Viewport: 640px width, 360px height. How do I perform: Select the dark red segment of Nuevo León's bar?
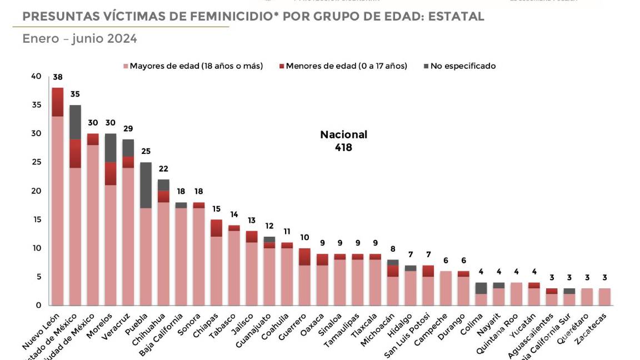[58, 102]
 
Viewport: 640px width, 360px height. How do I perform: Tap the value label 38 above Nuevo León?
[58, 77]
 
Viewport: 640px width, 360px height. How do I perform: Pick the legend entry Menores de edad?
[346, 66]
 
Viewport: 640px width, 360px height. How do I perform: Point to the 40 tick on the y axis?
[36, 76]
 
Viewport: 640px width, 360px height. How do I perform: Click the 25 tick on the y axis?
[36, 162]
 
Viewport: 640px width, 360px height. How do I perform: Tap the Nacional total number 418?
[343, 148]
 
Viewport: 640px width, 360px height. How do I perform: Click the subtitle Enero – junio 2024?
[79, 39]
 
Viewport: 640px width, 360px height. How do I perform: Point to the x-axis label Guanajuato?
[254, 332]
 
